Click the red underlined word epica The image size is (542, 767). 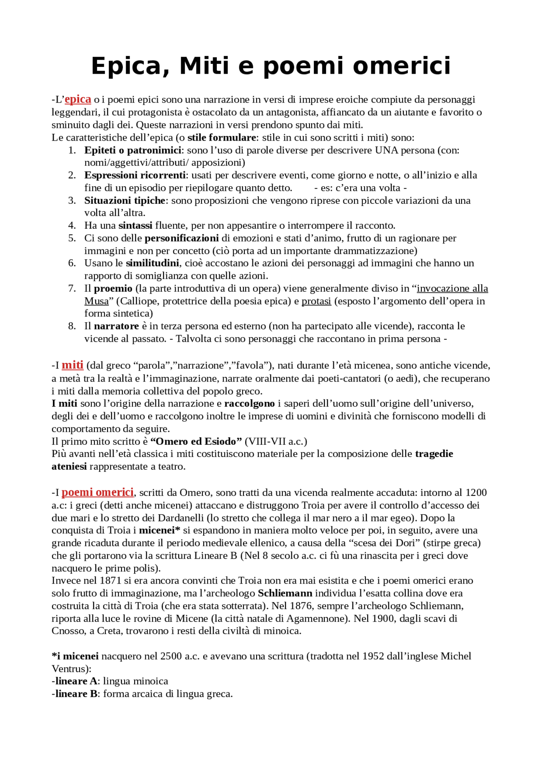[x=78, y=100]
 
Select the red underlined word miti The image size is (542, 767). [x=72, y=365]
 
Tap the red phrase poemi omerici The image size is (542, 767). [x=97, y=493]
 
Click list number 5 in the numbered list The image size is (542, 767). [x=72, y=238]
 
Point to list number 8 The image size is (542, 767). [x=72, y=326]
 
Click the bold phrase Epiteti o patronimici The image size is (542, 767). [x=133, y=150]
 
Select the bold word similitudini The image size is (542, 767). [x=152, y=263]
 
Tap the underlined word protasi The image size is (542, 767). [x=316, y=301]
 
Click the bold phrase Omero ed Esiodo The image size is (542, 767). [x=196, y=441]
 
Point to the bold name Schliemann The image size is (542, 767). [x=285, y=593]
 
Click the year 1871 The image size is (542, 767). [x=110, y=581]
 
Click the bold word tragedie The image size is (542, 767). [x=434, y=454]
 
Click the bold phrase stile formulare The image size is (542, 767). [x=221, y=138]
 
